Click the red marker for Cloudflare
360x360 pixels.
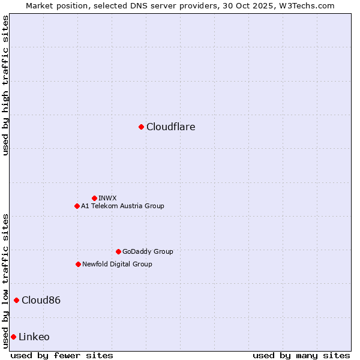click(x=141, y=127)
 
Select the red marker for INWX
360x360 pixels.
click(x=94, y=198)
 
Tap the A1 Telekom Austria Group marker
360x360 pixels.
click(x=77, y=206)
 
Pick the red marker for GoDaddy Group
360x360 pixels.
click(x=118, y=251)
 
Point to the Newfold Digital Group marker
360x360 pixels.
click(x=78, y=264)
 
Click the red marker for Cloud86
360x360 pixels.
click(x=16, y=300)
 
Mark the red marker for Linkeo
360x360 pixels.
click(x=13, y=337)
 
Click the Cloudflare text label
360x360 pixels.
click(x=171, y=127)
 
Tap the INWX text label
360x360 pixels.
click(x=107, y=198)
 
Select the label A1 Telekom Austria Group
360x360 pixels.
click(x=122, y=206)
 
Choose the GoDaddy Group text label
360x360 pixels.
click(x=148, y=251)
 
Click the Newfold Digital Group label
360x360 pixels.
click(x=117, y=264)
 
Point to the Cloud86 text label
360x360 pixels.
click(x=41, y=300)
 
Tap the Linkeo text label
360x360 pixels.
click(x=34, y=337)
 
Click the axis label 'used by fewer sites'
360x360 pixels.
click(x=62, y=355)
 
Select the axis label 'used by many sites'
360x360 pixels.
click(x=301, y=355)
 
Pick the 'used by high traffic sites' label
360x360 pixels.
click(x=5, y=85)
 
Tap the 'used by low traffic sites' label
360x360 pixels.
click(x=5, y=281)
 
